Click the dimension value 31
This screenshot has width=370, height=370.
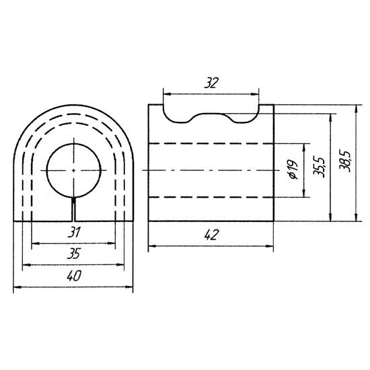[x=74, y=233]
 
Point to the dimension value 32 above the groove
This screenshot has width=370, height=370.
[x=211, y=83]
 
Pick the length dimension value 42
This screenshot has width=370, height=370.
[x=211, y=235]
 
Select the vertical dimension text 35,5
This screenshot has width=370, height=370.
[x=320, y=165]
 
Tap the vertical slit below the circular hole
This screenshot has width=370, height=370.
[x=73, y=209]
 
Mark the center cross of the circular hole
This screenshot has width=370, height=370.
[x=73, y=170]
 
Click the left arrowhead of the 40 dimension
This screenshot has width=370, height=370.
[x=17, y=288]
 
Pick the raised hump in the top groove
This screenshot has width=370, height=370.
[x=214, y=114]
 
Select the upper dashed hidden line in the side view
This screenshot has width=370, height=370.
[x=211, y=144]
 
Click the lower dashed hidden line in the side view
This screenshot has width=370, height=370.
[x=211, y=196]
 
